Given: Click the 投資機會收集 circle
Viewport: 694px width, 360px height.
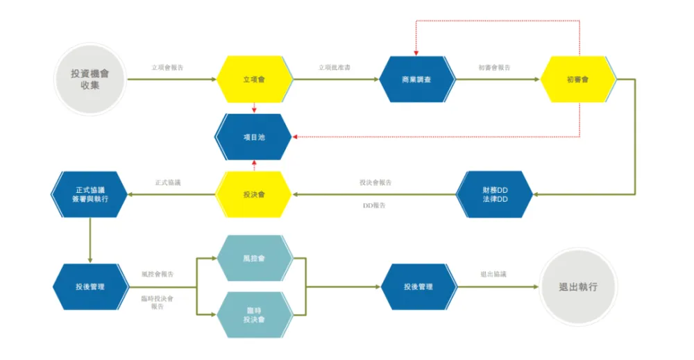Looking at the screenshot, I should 90,79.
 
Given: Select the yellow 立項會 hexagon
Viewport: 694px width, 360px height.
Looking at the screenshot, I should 254,80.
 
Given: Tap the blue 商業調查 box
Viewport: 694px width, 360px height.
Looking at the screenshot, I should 417,80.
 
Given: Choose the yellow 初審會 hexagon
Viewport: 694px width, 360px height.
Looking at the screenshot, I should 577,80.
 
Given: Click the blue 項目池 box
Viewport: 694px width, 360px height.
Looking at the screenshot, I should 254,137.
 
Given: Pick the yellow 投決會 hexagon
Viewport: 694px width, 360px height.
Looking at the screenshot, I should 254,194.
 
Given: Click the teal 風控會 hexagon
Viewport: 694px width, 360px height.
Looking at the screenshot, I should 254,258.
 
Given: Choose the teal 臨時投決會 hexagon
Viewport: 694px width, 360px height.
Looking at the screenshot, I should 254,314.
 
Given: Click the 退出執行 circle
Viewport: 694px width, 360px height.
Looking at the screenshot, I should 577,286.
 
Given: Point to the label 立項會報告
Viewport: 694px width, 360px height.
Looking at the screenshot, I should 168,68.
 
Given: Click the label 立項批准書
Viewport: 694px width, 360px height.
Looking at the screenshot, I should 335,68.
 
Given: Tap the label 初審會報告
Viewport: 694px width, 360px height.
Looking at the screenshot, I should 494,68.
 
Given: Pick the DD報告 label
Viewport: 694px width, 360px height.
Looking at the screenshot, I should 375,206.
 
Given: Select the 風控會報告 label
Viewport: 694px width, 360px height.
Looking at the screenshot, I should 158,275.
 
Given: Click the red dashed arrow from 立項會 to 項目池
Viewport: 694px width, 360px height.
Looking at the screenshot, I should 255,108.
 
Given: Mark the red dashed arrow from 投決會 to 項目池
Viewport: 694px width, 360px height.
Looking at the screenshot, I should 255,166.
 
